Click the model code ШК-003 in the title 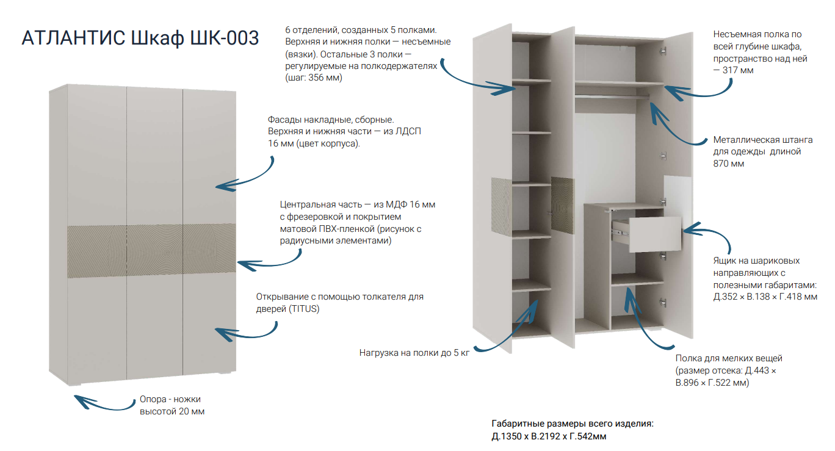(225, 38)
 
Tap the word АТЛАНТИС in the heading (73, 38)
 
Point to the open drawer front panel (655, 234)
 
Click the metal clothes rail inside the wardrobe (612, 96)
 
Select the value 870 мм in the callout (728, 164)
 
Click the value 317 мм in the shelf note (738, 70)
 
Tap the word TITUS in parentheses (305, 309)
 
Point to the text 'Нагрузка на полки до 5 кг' (414, 353)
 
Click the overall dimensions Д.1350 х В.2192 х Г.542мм (549, 436)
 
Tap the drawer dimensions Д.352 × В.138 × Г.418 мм (765, 297)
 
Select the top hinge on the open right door (662, 51)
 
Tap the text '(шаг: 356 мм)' (314, 78)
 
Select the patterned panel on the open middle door (563, 205)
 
